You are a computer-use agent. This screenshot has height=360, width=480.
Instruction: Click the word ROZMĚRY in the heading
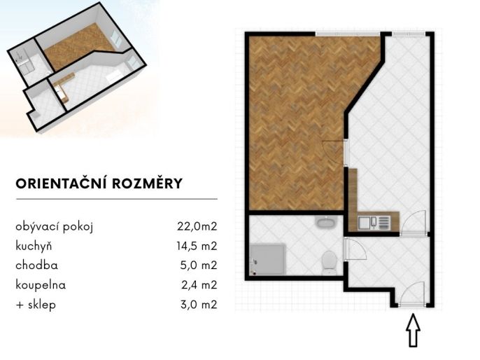(x=148, y=184)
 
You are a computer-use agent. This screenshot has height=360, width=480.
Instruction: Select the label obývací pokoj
(x=54, y=227)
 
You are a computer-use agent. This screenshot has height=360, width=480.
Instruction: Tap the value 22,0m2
(x=197, y=226)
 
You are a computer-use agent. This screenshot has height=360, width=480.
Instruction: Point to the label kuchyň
(x=34, y=246)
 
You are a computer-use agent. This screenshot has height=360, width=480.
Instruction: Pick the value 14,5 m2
(x=197, y=246)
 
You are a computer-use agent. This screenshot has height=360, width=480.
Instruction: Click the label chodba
(x=36, y=265)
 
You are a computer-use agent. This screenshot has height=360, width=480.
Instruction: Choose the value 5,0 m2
(x=199, y=265)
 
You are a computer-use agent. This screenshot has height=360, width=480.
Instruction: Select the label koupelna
(x=41, y=285)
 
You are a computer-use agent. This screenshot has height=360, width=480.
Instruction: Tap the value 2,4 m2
(x=199, y=285)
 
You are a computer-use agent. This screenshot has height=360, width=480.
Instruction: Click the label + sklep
(x=36, y=305)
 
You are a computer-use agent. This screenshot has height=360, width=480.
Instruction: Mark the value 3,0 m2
(x=199, y=305)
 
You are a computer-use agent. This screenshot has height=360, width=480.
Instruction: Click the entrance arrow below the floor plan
(x=413, y=330)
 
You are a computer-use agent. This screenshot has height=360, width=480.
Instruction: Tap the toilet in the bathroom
(x=330, y=263)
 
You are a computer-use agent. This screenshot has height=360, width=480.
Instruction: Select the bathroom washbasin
(x=326, y=222)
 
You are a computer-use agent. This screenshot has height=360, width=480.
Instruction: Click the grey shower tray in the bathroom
(x=268, y=259)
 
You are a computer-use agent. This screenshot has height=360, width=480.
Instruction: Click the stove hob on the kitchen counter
(x=385, y=223)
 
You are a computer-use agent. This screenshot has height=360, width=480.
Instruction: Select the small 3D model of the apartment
(x=76, y=67)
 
